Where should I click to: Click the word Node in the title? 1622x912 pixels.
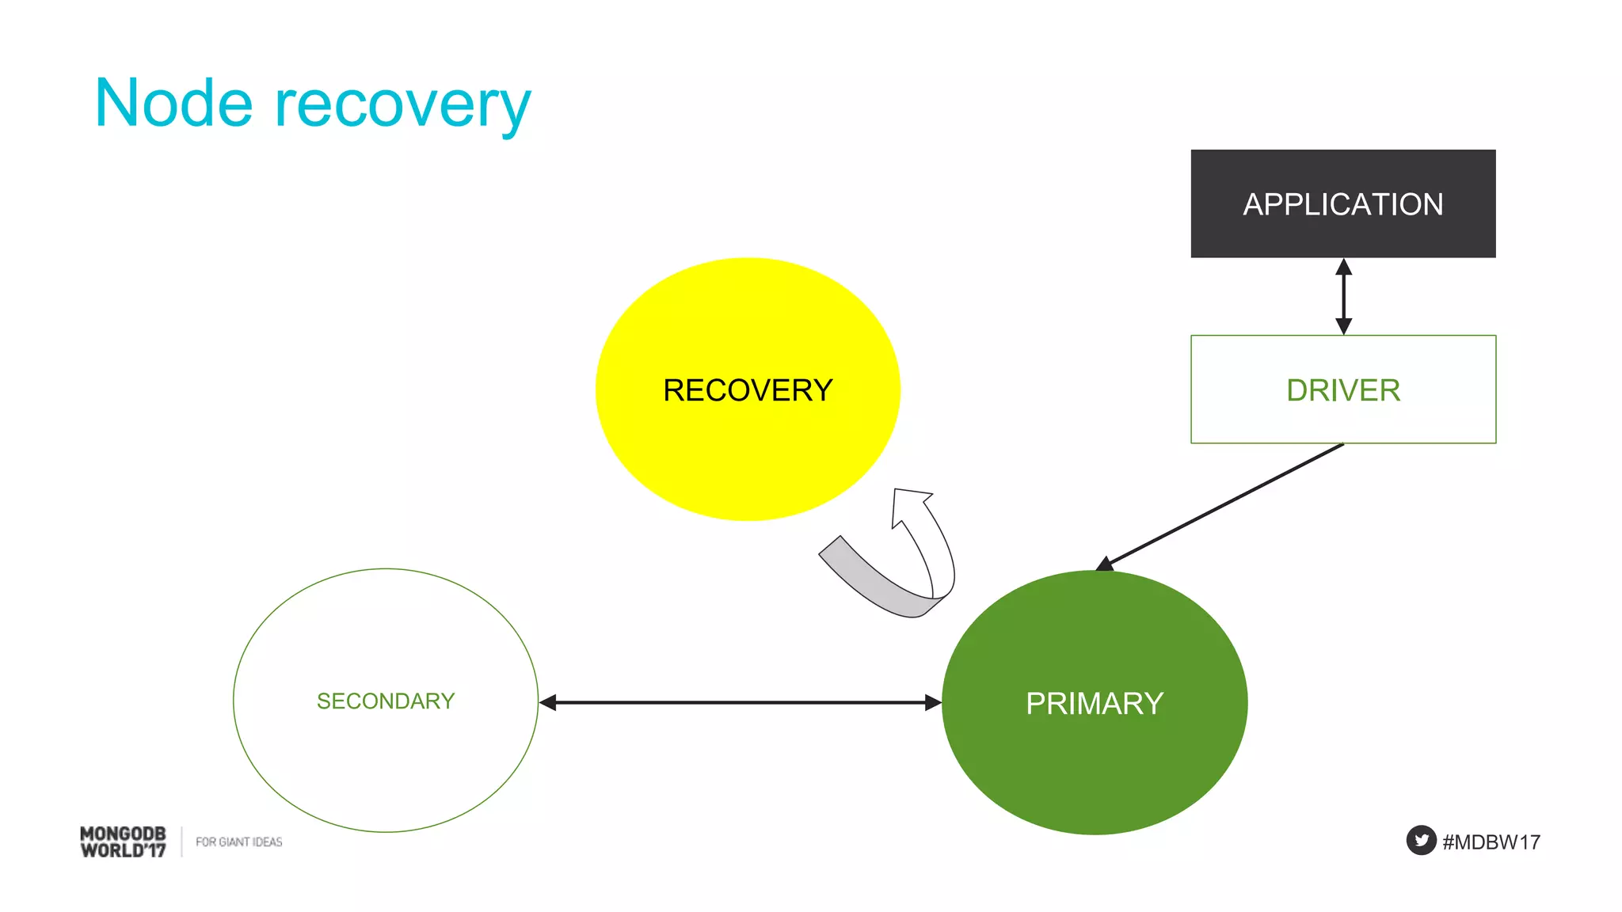[x=173, y=104]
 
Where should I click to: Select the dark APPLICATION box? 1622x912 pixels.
[x=1342, y=203]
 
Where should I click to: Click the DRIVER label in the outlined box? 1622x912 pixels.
[x=1342, y=390]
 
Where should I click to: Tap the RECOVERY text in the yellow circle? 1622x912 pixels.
[x=748, y=390]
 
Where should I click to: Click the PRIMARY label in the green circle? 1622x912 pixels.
[x=1094, y=703]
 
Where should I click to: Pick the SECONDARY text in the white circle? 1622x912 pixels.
[x=386, y=701]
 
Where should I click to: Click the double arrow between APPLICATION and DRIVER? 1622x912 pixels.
[x=1343, y=297]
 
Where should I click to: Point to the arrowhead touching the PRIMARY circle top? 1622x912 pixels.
[x=1106, y=564]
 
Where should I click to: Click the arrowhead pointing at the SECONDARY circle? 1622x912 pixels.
[x=548, y=702]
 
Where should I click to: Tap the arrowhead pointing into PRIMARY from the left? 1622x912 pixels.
[x=932, y=702]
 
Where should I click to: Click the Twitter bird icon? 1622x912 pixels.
[x=1421, y=841]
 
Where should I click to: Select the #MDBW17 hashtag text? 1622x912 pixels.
[x=1491, y=842]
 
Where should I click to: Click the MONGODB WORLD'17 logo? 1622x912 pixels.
[x=123, y=842]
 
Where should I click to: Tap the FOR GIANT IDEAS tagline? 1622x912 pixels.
[x=238, y=842]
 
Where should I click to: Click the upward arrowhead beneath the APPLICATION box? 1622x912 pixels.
[x=1343, y=268]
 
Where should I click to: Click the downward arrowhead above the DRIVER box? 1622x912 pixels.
[x=1343, y=325]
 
